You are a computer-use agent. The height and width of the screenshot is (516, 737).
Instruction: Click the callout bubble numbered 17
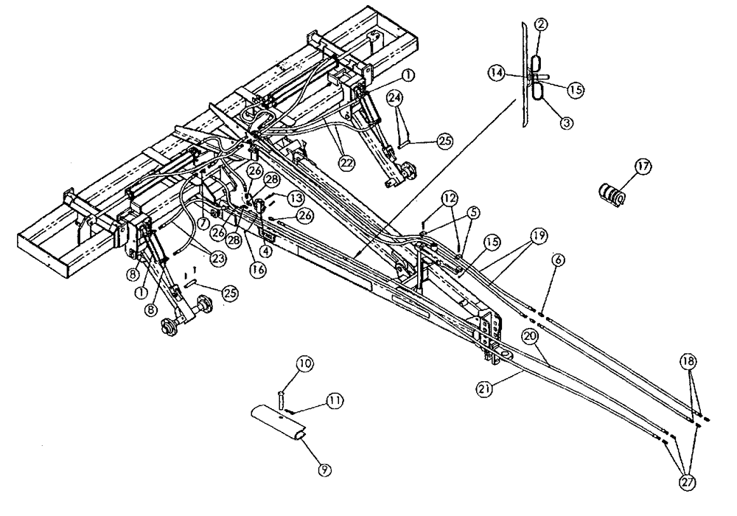[643, 167]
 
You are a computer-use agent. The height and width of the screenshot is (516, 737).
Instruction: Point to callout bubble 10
[304, 363]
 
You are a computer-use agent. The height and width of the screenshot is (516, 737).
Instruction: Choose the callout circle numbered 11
[335, 401]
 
